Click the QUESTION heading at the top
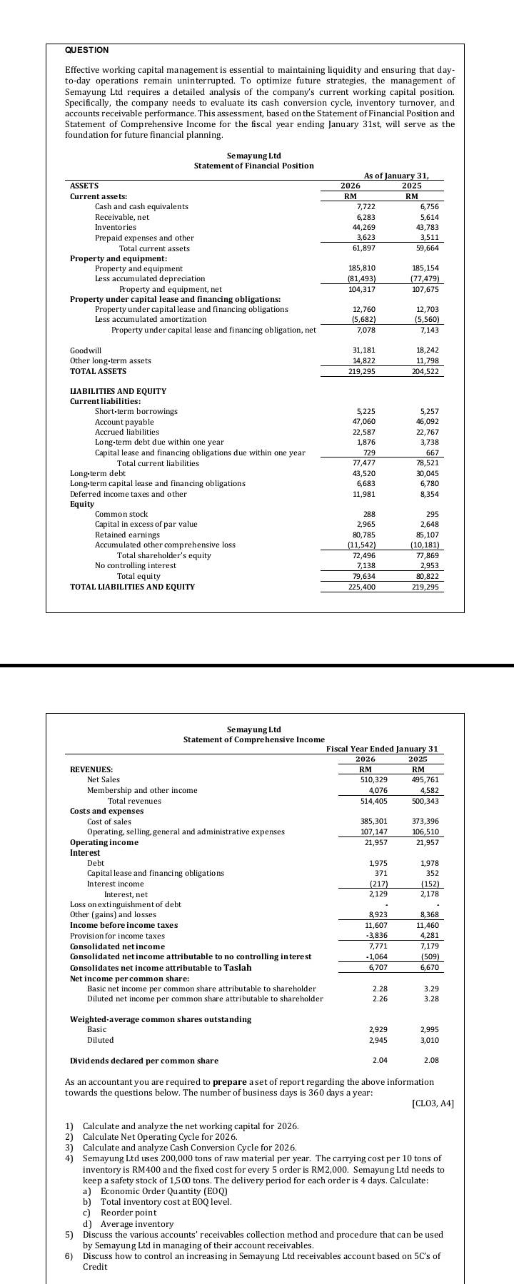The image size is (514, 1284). pos(86,50)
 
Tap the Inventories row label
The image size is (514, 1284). pos(115,227)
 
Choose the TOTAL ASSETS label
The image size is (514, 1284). pos(98,371)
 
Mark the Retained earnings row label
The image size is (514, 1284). pos(127,535)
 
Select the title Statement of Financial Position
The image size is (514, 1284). pos(253,166)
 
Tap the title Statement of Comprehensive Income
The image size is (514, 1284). pos(253,739)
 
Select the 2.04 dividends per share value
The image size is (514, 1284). pos(380,1061)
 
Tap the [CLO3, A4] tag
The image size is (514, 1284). pos(433,1103)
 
